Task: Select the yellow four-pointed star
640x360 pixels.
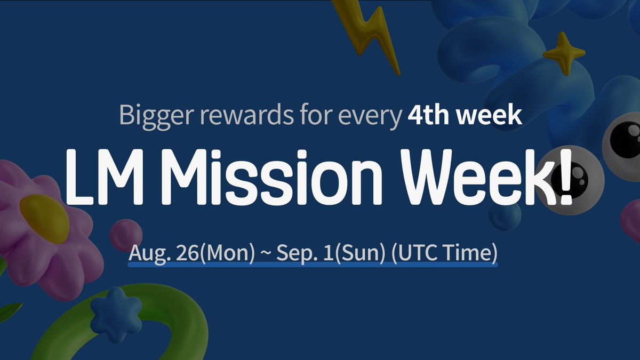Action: coord(564,53)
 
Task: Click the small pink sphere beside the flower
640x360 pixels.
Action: coord(126,235)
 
